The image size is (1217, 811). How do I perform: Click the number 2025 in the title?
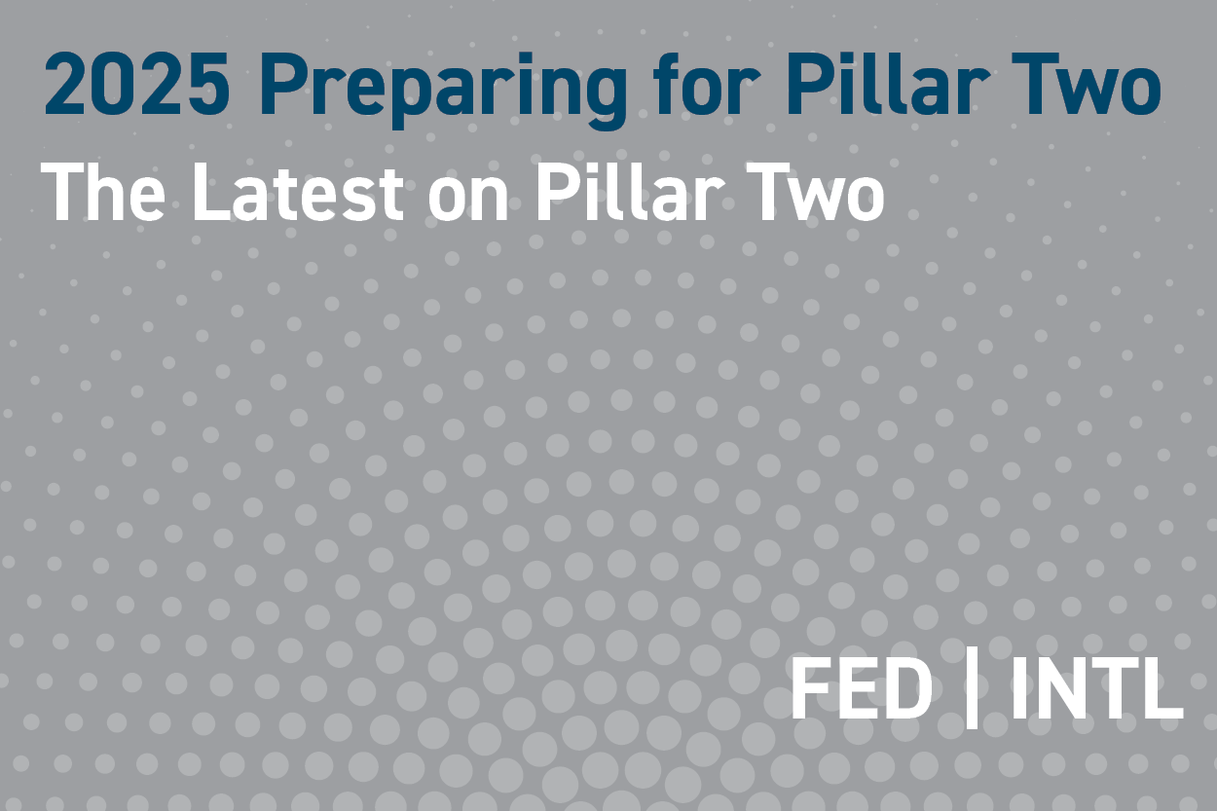coord(136,88)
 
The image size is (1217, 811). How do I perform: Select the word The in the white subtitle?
coord(103,192)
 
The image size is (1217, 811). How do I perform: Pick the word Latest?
coord(298,192)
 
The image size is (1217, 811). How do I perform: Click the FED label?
coord(861,690)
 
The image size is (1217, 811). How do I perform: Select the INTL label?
coord(1096,690)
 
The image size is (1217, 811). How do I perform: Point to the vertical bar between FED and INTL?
coord(971,690)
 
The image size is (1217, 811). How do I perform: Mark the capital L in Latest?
coord(210,192)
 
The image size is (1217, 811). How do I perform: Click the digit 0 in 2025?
coord(113,88)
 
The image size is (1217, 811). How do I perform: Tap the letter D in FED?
coord(909,690)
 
